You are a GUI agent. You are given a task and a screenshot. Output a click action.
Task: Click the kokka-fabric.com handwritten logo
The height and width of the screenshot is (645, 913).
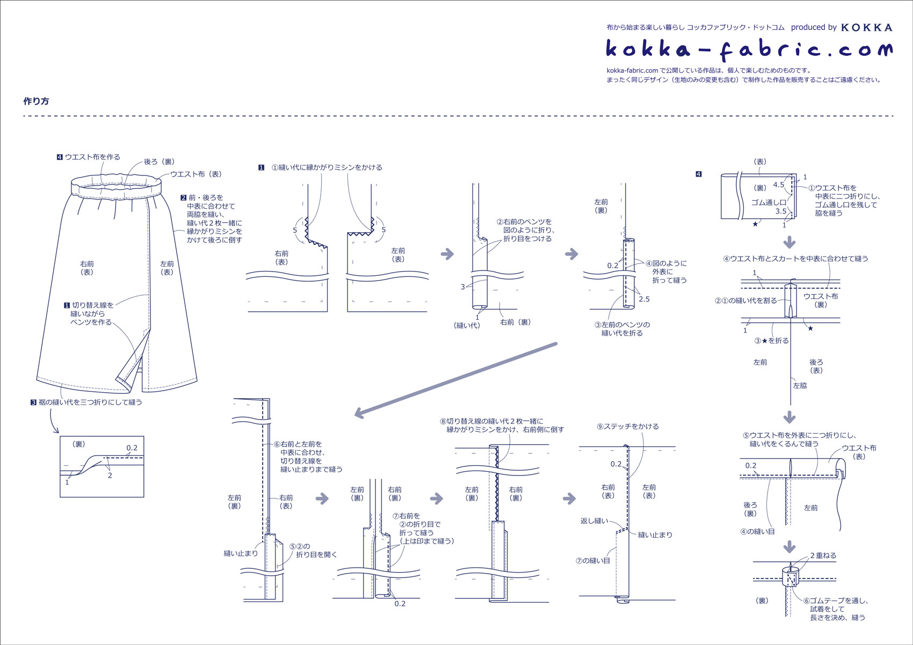[x=749, y=50]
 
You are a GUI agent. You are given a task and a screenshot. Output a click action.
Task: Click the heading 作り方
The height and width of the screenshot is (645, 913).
[x=36, y=101]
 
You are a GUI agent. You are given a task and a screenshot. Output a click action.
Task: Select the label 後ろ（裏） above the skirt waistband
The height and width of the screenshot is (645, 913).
[x=160, y=162]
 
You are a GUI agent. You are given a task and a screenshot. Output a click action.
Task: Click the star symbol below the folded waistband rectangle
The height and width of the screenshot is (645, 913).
[x=755, y=224]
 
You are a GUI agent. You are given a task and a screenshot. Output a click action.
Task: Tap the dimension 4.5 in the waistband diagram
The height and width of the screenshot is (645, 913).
[x=778, y=185]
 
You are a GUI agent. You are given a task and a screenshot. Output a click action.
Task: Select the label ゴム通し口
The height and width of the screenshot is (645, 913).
[x=769, y=202]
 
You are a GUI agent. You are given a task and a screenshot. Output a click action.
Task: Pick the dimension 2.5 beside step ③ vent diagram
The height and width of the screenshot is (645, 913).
[x=644, y=299]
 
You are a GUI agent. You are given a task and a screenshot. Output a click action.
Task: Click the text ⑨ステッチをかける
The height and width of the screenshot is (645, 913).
[x=628, y=426]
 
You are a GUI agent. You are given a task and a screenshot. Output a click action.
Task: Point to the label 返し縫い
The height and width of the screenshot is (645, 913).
[x=594, y=521]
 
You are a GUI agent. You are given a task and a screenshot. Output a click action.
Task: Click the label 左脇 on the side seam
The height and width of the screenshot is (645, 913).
[x=800, y=385]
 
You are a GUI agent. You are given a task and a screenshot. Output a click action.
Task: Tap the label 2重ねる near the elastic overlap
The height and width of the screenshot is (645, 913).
[x=823, y=555]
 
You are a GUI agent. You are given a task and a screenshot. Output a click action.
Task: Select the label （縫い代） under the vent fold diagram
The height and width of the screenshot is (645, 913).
[x=467, y=325]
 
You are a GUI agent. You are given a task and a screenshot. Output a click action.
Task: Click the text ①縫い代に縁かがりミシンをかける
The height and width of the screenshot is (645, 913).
[x=327, y=167]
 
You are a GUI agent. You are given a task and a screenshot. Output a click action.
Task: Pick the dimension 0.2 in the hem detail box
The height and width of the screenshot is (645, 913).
[x=132, y=448]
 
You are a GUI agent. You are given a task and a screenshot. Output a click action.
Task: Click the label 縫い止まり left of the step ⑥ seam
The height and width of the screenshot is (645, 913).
[x=241, y=553]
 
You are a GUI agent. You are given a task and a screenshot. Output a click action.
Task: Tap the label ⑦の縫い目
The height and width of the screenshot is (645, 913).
[x=593, y=561]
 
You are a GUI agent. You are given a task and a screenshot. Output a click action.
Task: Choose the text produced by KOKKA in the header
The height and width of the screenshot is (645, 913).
[x=842, y=27]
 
